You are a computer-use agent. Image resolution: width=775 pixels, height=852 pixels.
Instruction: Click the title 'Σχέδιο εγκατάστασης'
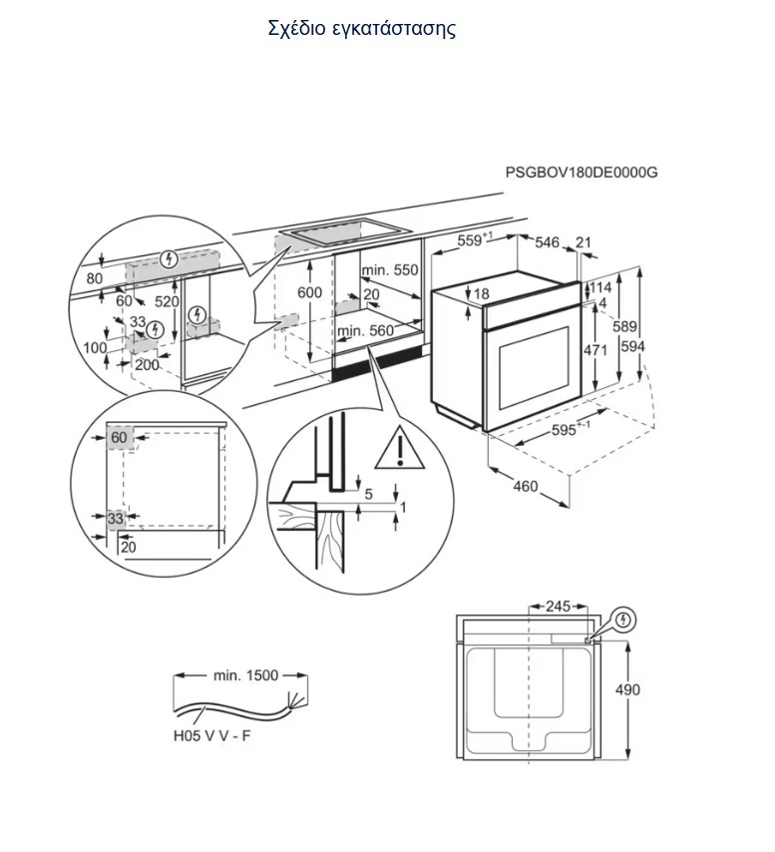pyautogui.click(x=362, y=29)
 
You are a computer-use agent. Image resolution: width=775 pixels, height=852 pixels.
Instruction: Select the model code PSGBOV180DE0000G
pyautogui.click(x=581, y=173)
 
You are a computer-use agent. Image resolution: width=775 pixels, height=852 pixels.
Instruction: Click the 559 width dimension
pyautogui.click(x=474, y=239)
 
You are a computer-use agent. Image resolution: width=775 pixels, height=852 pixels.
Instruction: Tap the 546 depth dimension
pyautogui.click(x=547, y=242)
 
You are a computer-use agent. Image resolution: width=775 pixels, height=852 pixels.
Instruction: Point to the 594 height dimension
pyautogui.click(x=632, y=345)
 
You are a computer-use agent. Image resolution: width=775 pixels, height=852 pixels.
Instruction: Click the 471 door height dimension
pyautogui.click(x=595, y=350)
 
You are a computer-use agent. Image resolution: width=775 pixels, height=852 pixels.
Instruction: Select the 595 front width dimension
pyautogui.click(x=568, y=429)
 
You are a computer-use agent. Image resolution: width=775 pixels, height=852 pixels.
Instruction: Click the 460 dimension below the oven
pyautogui.click(x=526, y=486)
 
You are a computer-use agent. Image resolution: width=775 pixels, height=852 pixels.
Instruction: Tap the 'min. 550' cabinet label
pyautogui.click(x=390, y=269)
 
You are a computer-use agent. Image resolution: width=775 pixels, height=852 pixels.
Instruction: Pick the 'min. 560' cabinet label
pyautogui.click(x=365, y=330)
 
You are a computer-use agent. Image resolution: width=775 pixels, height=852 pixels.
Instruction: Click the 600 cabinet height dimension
pyautogui.click(x=309, y=292)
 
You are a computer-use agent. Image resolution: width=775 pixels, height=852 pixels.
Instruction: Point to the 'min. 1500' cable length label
pyautogui.click(x=245, y=675)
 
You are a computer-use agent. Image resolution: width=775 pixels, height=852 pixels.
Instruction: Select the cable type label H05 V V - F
pyautogui.click(x=211, y=736)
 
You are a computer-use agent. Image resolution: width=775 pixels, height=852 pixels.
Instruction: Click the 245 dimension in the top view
pyautogui.click(x=559, y=606)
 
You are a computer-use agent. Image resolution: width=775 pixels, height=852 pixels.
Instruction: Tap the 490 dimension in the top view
pyautogui.click(x=627, y=689)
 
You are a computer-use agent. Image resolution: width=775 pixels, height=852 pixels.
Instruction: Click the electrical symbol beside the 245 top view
pyautogui.click(x=625, y=620)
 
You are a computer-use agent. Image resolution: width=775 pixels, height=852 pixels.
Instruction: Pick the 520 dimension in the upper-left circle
pyautogui.click(x=167, y=301)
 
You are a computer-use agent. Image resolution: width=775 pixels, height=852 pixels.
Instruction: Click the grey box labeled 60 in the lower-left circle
pyautogui.click(x=119, y=437)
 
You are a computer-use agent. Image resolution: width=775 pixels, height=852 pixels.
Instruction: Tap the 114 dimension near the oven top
pyautogui.click(x=601, y=287)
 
